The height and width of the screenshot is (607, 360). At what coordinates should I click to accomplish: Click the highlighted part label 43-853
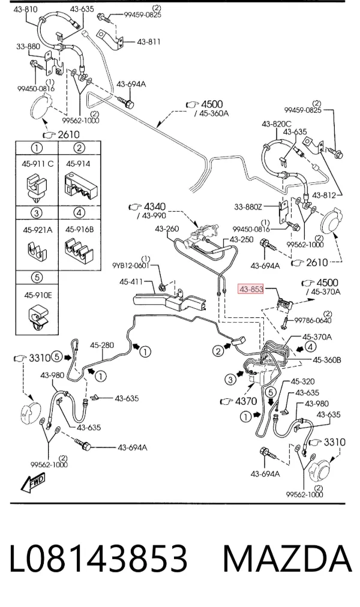pos(251,289)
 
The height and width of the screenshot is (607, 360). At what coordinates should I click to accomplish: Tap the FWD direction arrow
pos(33,483)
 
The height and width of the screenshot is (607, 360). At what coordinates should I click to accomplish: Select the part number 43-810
pos(25,8)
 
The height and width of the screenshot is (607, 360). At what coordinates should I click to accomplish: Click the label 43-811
pos(149,42)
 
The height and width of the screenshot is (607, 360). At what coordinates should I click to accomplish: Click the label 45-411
pos(131,282)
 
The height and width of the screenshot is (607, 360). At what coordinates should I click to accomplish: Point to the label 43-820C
pos(277,124)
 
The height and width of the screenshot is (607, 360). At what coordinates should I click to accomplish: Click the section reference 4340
pos(154,207)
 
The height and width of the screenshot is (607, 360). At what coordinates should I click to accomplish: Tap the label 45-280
pos(102,345)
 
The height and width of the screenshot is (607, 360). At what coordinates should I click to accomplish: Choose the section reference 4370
pos(246,401)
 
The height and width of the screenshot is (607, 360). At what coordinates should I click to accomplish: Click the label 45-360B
pos(327,360)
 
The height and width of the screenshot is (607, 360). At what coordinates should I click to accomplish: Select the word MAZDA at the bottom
pos(287,558)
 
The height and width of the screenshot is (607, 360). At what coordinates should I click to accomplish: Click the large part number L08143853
pos(98,558)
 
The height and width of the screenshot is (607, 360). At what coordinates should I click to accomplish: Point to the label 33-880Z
pos(248,207)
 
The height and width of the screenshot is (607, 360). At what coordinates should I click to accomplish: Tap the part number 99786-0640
pos(313,320)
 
